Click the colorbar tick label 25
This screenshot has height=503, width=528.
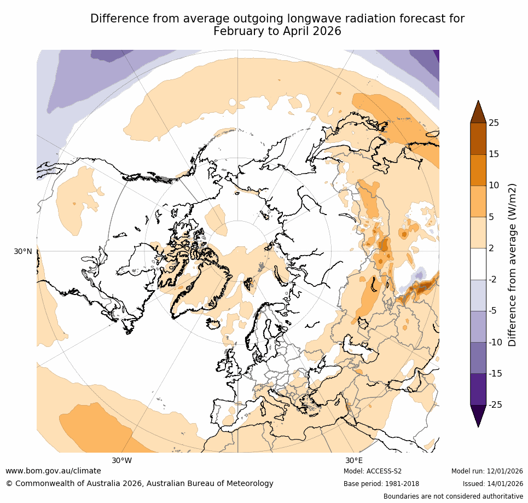click(x=494, y=123)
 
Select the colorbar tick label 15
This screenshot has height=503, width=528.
click(x=494, y=154)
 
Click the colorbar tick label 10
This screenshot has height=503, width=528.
click(x=494, y=185)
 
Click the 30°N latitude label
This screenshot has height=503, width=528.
click(x=23, y=251)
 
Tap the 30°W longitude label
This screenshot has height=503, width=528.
click(x=121, y=460)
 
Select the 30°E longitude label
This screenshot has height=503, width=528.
click(x=353, y=460)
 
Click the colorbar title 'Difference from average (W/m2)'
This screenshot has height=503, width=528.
click(x=513, y=264)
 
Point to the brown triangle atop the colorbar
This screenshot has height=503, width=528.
click(x=478, y=112)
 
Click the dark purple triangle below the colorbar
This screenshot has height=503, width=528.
click(x=478, y=415)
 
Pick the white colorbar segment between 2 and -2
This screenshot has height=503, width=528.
click(x=478, y=264)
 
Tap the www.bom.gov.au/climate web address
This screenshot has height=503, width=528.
click(x=53, y=471)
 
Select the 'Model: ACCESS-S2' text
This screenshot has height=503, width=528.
click(x=373, y=471)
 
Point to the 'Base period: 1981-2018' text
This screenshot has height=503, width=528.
click(x=381, y=484)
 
